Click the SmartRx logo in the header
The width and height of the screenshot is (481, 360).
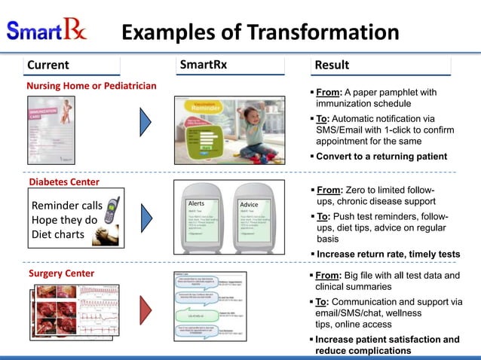tap(47, 32)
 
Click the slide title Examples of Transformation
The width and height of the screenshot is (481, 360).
tap(260, 32)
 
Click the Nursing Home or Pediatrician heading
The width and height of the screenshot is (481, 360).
tap(91, 85)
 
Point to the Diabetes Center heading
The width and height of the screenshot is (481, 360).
tap(63, 182)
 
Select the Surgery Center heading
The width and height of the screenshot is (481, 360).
tap(60, 273)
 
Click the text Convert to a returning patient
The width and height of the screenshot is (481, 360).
tap(381, 157)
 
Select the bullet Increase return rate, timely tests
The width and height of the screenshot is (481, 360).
tap(388, 253)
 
